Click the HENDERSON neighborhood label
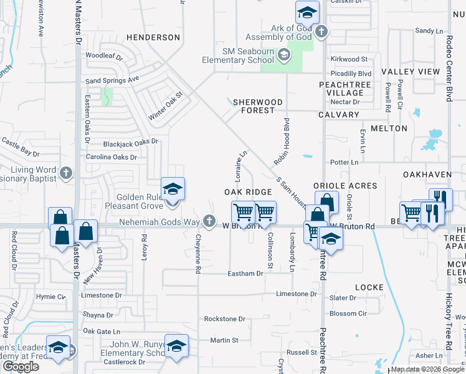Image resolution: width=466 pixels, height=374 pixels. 153,37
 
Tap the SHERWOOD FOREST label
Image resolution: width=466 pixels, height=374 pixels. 258,106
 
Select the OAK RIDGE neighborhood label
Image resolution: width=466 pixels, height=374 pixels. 249,192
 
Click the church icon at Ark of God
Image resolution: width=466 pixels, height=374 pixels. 321,32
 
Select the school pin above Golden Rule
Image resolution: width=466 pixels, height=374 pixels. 173,188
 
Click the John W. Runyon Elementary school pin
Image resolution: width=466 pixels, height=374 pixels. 176,345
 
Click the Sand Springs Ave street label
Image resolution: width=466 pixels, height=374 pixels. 112,80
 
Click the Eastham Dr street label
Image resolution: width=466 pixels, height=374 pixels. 245,274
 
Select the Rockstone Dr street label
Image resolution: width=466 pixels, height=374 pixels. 224,319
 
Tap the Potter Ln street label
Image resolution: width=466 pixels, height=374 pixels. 345,162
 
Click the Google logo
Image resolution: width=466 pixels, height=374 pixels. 21,367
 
